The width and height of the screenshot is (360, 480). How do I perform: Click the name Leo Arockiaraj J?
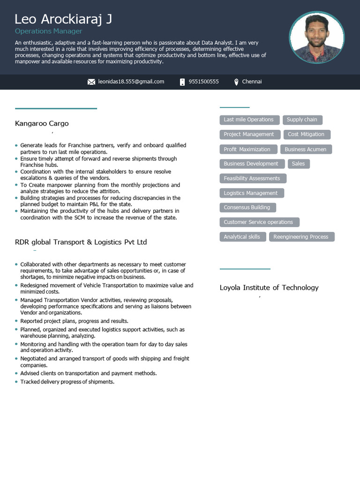point(63,19)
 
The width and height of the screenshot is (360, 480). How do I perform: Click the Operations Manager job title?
point(48,31)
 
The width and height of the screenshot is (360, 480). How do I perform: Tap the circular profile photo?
point(317,37)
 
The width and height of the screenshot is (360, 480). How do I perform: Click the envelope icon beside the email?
point(91,82)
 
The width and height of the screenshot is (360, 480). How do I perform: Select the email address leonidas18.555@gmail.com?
point(131,82)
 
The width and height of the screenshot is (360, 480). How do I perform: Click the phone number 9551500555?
point(203,82)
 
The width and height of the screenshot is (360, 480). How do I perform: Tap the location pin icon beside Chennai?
point(236,82)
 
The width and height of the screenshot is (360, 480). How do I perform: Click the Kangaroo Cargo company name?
point(42,124)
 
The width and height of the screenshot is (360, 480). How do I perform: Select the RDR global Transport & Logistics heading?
point(81,242)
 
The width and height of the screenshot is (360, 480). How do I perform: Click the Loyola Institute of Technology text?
point(269,288)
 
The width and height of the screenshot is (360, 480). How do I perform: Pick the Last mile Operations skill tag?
point(249,120)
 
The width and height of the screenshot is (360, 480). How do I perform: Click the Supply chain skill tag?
point(302,120)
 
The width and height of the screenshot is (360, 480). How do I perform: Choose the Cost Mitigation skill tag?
point(306,135)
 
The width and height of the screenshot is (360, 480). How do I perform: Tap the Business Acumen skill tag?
point(306,150)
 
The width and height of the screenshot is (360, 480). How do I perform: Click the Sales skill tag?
point(298,164)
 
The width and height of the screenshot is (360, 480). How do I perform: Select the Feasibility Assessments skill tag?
point(252,179)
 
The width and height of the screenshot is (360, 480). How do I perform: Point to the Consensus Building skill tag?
point(247,208)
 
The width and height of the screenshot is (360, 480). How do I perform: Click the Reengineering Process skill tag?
point(301,237)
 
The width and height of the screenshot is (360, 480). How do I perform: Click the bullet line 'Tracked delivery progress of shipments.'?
point(67,382)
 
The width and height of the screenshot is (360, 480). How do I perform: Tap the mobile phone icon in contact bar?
point(182,82)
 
